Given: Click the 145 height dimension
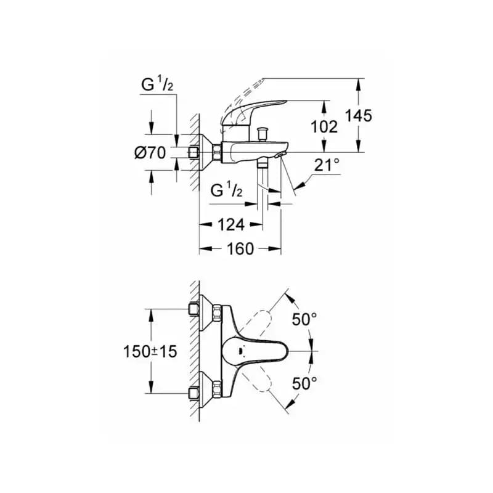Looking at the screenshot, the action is point(359,115).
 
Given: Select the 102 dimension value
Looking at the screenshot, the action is point(324,127).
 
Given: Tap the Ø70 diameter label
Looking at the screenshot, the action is point(150,153).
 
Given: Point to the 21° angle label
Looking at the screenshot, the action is point(327,165).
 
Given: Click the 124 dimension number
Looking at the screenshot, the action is point(231,225).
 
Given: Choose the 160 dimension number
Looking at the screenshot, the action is point(240,249).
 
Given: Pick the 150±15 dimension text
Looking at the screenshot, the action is point(150,351).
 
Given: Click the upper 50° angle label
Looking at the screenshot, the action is point(304,319).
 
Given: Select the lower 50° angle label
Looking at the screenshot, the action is point(304,383).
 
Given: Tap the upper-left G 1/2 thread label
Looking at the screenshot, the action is point(157,84).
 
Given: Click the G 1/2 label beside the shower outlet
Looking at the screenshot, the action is point(226,190).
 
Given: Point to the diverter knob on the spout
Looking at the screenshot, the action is point(261,133).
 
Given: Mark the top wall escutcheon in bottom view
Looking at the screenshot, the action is point(206,312).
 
